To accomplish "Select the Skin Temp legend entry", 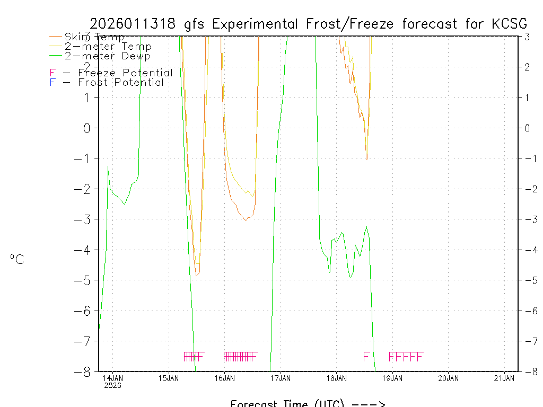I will coord(94,37).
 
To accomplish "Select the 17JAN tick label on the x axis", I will coord(280,378).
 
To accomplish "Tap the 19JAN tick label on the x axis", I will coord(392,378).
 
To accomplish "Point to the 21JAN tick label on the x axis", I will coord(504,378).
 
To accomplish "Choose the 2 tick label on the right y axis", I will coord(528,67).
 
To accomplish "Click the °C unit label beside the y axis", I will coord(17,259).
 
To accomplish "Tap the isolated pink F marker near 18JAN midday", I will coord(366,356).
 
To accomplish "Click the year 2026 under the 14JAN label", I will coord(112,385).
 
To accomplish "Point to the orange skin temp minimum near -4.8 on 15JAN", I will coord(196,275).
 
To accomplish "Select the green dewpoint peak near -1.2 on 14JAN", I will coord(108,166).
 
